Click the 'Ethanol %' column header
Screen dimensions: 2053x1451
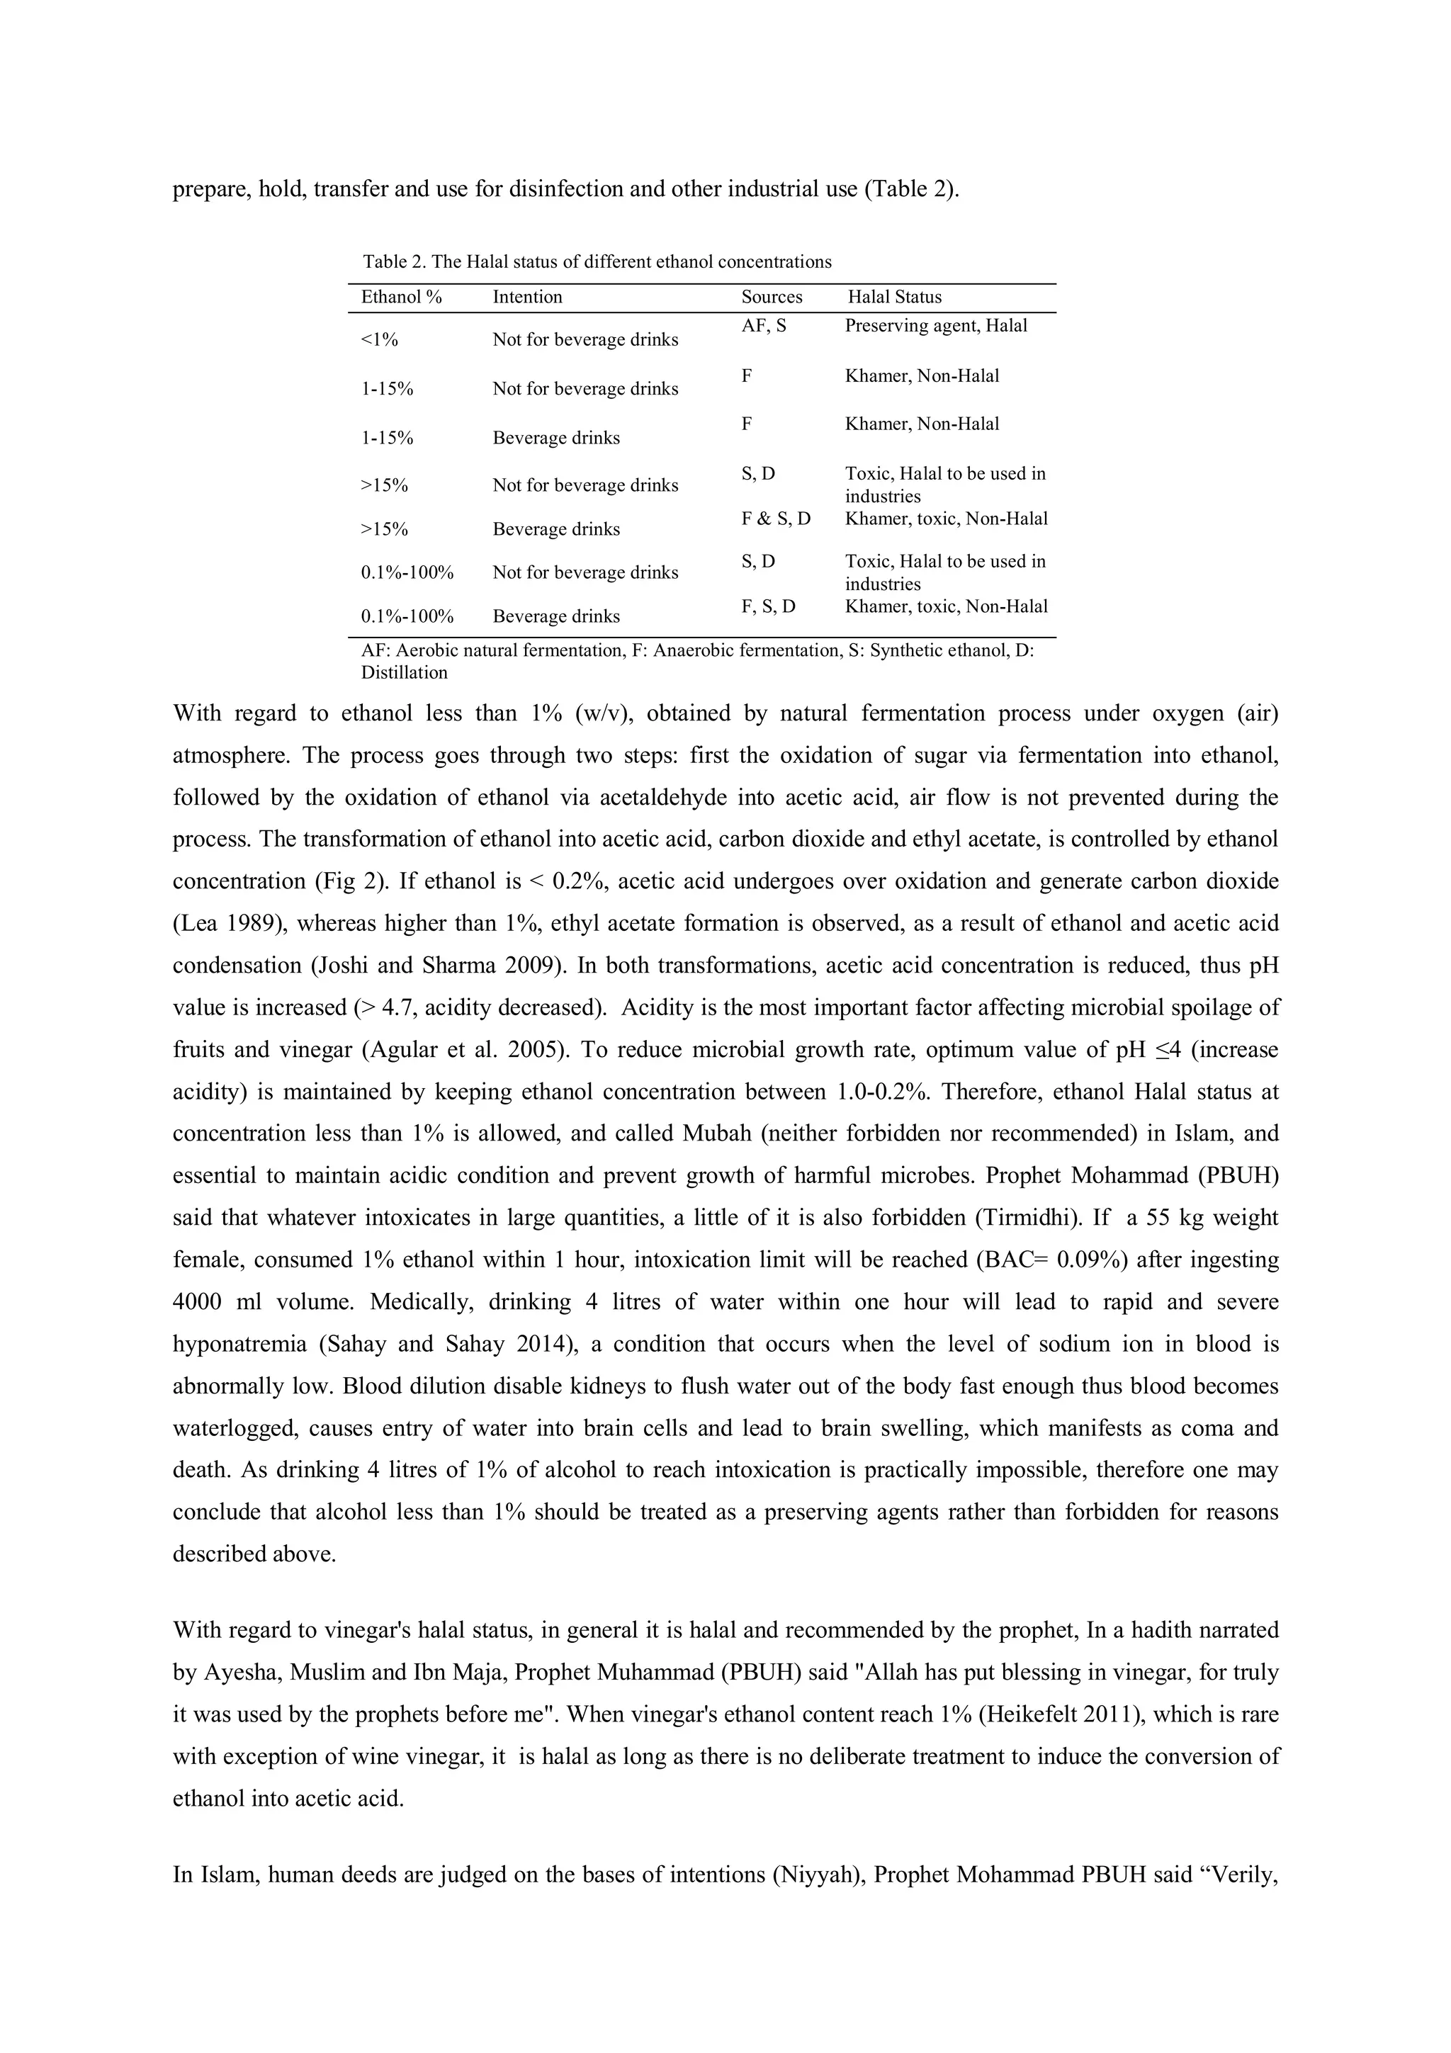(402, 297)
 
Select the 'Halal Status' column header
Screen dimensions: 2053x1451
(894, 297)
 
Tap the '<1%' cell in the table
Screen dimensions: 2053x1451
(379, 340)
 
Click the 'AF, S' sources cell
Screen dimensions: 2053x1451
(764, 325)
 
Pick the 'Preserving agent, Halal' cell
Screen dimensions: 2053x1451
(935, 325)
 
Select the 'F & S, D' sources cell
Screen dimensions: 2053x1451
(775, 519)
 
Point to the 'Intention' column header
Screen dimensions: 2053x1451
(526, 297)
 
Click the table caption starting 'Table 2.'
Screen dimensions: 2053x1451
(597, 262)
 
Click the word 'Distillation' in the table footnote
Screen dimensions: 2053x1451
(403, 672)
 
